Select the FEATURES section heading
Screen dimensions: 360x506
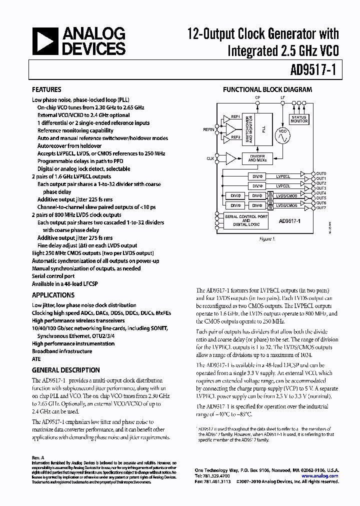tap(47, 90)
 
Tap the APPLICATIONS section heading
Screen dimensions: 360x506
tap(53, 295)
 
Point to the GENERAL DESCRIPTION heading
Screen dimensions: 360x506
tap(65, 370)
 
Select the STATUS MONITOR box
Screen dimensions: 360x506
tap(299, 119)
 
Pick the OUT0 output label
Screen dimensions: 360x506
tap(321, 173)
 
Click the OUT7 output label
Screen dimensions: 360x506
tap(321, 208)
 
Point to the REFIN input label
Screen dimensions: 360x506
tap(208, 129)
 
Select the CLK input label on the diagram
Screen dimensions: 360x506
tap(210, 158)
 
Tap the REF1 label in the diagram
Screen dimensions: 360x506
tap(235, 116)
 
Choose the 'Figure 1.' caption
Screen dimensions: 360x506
tap(267, 238)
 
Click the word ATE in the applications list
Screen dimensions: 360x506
tap(36, 359)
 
